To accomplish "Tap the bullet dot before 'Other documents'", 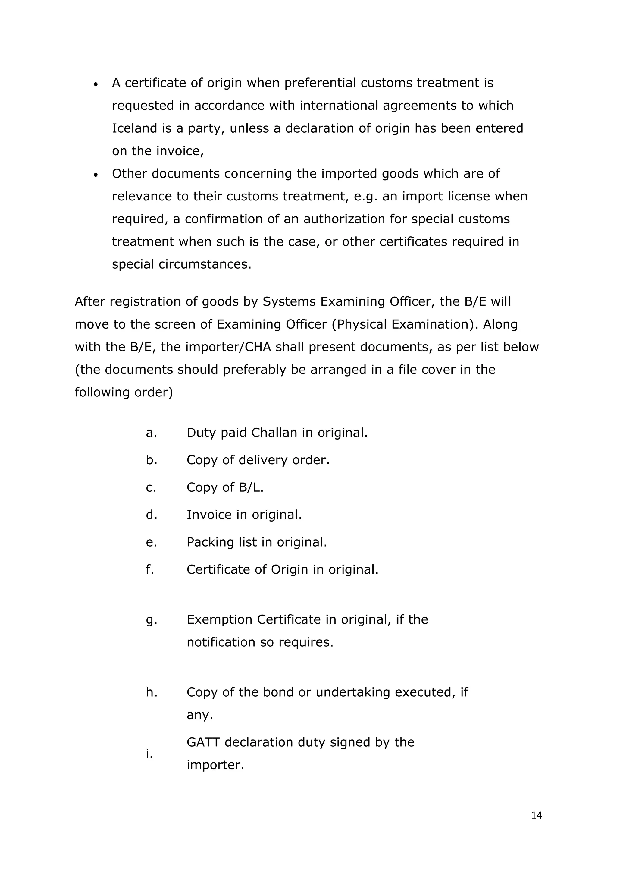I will [x=96, y=175].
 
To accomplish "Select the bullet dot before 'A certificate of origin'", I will [x=96, y=84].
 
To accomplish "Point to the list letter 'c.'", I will [x=151, y=487].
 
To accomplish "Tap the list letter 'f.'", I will [x=150, y=569].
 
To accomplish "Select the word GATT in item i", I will [x=203, y=742].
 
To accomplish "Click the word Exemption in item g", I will [x=219, y=619].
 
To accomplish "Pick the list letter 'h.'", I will [x=151, y=692].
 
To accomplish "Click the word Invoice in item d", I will [x=209, y=515].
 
